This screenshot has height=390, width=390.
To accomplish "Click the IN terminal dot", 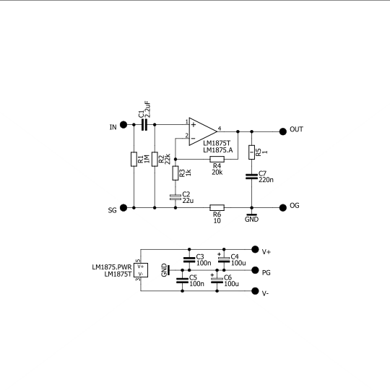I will pyautogui.click(x=123, y=125).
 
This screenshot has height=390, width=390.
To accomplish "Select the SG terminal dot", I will pyautogui.click(x=123, y=208).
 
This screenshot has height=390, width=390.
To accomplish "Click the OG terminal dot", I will pyautogui.click(x=280, y=208).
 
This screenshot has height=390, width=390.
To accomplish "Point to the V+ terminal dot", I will pyautogui.click(x=254, y=249).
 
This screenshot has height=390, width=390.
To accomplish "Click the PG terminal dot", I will pyautogui.click(x=254, y=271).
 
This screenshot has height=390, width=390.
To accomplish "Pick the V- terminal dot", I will pyautogui.click(x=254, y=292).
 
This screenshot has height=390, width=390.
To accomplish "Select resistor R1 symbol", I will pyautogui.click(x=134, y=160).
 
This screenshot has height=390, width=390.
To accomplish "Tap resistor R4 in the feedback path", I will pyautogui.click(x=217, y=157).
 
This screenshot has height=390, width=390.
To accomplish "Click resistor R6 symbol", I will pyautogui.click(x=217, y=208).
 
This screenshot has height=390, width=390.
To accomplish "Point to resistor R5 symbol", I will pyautogui.click(x=251, y=152).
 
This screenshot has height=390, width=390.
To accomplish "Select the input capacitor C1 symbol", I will pyautogui.click(x=145, y=125).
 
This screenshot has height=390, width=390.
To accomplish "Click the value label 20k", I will pyautogui.click(x=217, y=173).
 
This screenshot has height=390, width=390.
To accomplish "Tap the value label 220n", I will pyautogui.click(x=266, y=180).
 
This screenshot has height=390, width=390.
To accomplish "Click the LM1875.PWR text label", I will pyautogui.click(x=111, y=267).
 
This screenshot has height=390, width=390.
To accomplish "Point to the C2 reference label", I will pyautogui.click(x=186, y=194).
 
